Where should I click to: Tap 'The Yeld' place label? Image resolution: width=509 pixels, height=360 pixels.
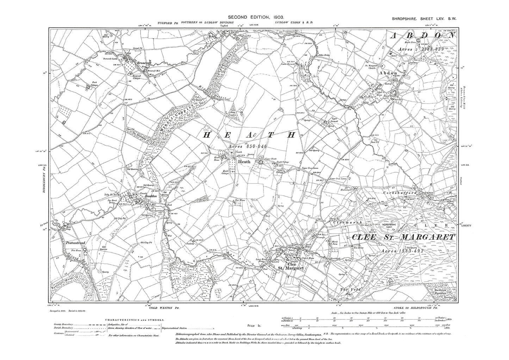click(346, 289)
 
